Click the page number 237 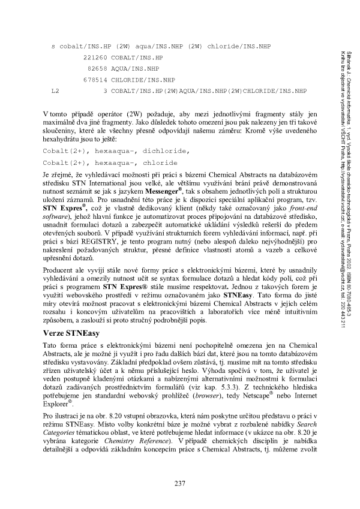[180, 484]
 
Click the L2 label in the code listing [55, 91]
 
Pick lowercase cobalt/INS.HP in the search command [86, 46]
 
